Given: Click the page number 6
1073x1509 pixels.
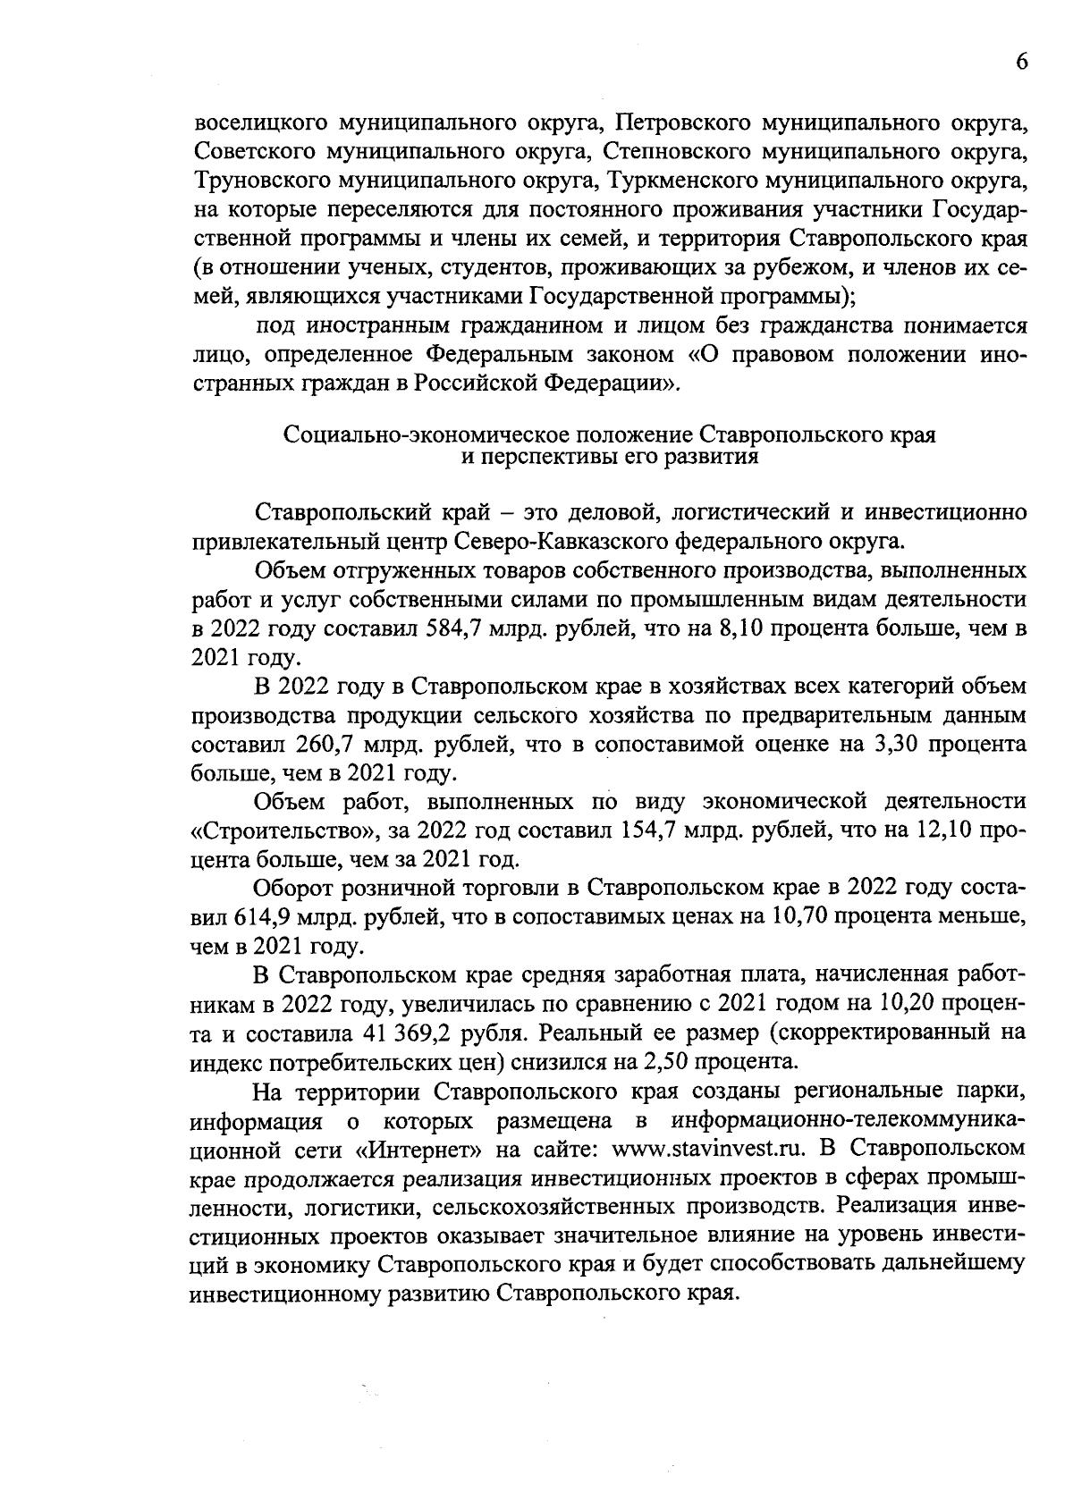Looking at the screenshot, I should click(x=1022, y=61).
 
